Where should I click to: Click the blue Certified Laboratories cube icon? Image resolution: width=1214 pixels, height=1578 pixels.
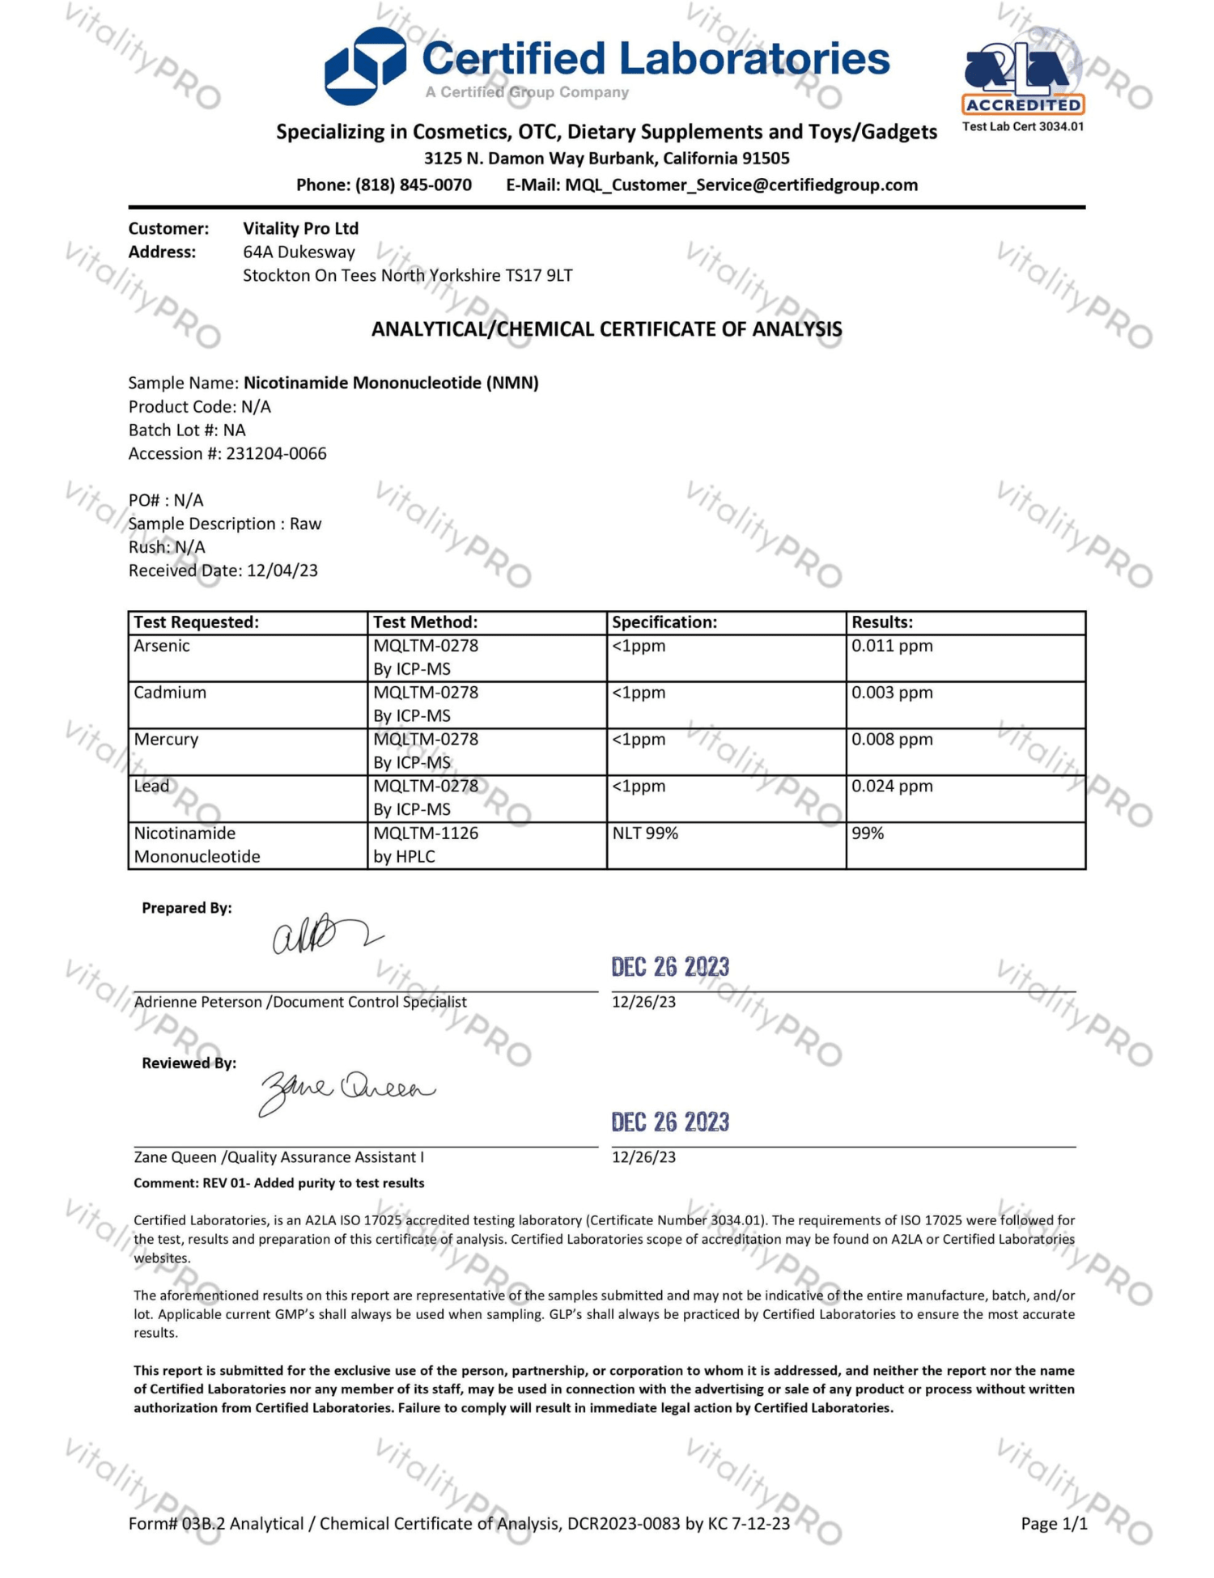365,66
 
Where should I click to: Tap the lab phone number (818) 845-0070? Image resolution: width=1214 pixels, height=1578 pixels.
413,185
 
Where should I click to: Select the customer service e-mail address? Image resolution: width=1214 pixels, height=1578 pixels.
741,185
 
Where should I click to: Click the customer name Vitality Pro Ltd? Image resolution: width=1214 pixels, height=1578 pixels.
300,228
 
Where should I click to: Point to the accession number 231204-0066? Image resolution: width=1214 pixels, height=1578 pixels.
276,453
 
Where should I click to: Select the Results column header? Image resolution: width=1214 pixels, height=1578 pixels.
881,622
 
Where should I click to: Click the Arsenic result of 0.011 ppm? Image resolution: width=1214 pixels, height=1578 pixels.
892,646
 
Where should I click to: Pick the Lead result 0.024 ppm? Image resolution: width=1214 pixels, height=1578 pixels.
892,786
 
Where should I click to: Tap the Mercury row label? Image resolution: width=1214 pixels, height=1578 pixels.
166,740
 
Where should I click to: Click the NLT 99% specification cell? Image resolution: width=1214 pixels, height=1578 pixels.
645,834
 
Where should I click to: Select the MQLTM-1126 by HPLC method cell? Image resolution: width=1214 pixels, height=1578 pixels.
426,844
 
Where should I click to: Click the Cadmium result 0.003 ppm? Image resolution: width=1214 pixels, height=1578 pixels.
892,693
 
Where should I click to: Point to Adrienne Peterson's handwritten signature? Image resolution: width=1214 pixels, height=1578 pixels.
324,935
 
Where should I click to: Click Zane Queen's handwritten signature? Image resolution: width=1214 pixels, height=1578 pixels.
346,1090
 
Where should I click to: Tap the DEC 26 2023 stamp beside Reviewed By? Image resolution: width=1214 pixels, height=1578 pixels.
670,1122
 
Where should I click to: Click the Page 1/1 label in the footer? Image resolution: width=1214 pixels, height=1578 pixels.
1054,1524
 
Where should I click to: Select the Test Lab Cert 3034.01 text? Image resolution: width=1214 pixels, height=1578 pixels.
1022,126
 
